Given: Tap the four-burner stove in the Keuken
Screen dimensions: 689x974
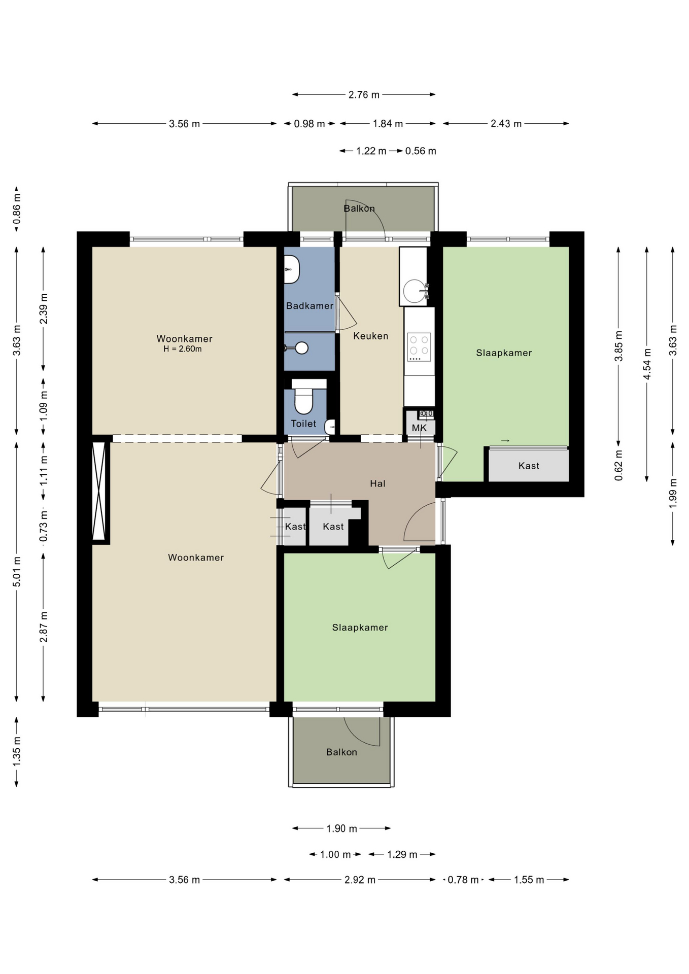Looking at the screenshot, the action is click(419, 347).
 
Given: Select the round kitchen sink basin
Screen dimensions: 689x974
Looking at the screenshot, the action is click(415, 291).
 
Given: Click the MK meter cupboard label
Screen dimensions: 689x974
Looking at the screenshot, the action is click(419, 428).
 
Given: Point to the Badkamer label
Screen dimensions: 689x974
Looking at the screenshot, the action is click(309, 306).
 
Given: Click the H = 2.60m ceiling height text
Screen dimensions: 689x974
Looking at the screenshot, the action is click(183, 349).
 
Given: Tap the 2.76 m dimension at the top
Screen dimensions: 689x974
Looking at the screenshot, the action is click(364, 94).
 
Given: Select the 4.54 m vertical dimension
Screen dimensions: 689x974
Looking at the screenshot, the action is click(646, 364).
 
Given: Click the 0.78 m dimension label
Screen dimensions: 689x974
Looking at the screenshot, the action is click(463, 880).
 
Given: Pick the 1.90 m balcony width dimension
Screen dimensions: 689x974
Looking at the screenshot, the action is click(341, 828).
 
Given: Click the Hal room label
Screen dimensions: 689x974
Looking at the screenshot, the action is click(377, 484).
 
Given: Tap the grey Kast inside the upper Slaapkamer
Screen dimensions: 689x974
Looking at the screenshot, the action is click(528, 465).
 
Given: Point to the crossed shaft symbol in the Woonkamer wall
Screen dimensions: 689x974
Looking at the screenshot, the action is click(99, 491).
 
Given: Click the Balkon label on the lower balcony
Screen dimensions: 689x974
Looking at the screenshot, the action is click(341, 752).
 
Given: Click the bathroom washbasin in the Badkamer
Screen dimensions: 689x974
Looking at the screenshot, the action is click(291, 269).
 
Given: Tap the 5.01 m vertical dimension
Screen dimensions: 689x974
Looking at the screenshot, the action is click(17, 572).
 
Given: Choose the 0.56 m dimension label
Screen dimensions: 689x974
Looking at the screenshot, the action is click(421, 151).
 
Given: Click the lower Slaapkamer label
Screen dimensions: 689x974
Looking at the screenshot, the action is click(360, 628).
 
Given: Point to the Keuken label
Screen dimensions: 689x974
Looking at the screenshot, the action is click(370, 336).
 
